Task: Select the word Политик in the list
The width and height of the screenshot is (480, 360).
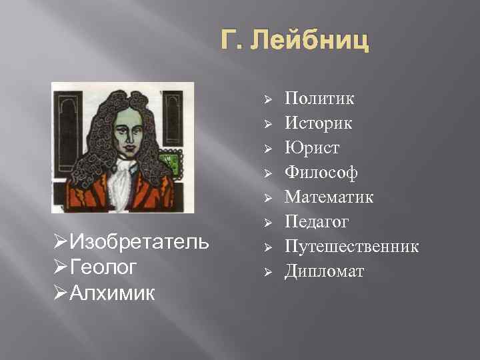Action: (x=319, y=99)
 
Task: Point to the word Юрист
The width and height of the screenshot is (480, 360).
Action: (x=312, y=148)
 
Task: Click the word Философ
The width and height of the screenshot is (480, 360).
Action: (x=321, y=173)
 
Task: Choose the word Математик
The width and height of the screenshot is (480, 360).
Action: (x=329, y=197)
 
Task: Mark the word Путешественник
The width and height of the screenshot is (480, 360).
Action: (x=352, y=247)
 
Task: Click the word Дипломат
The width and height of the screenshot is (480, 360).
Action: (x=325, y=271)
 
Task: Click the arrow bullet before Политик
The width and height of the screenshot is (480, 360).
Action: (x=265, y=100)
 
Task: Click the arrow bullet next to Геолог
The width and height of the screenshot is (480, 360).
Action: (x=59, y=267)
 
